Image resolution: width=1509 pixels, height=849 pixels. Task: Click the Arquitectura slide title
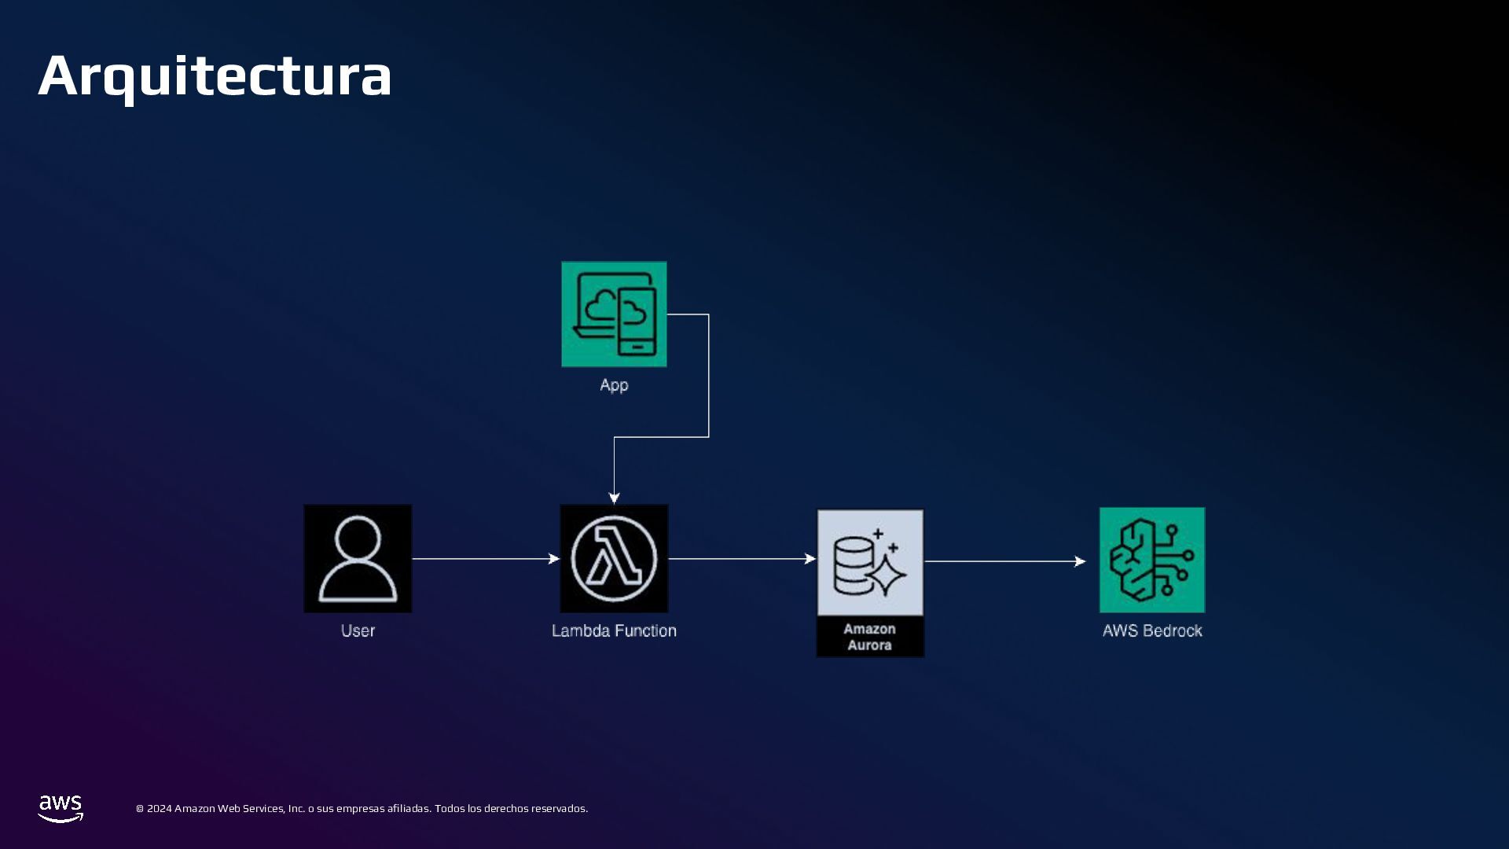pos(215,76)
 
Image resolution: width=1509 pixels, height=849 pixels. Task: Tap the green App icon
pos(614,314)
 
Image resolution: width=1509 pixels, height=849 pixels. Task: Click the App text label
pos(614,385)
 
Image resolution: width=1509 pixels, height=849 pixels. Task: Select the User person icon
pos(358,558)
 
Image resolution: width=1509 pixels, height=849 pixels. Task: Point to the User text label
pos(358,630)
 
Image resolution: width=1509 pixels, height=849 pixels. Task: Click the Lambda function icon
pos(614,558)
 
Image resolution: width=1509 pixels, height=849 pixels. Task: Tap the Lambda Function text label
pos(614,630)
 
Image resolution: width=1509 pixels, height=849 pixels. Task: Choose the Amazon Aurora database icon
pos(870,562)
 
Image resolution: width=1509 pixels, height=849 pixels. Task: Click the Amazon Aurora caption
pos(869,637)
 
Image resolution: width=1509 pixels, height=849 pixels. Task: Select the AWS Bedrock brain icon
pos(1151,560)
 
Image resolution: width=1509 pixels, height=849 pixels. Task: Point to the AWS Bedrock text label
pos(1152,630)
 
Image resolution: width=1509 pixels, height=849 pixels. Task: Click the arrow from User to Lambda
pos(485,559)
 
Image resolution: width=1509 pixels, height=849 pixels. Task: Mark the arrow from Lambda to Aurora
pos(741,559)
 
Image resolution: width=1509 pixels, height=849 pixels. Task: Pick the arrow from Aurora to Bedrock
pos(1004,561)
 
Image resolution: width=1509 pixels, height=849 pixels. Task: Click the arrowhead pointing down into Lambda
pos(614,498)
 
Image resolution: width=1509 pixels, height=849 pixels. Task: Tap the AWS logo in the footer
pos(61,808)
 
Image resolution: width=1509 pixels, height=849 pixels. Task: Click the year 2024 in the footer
pos(159,808)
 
